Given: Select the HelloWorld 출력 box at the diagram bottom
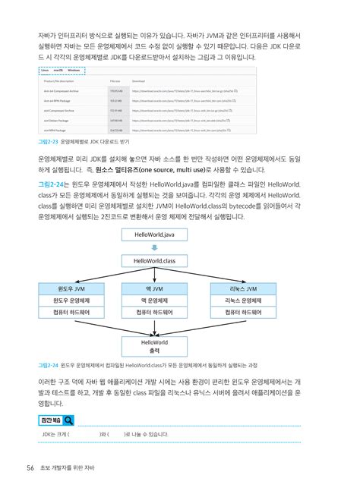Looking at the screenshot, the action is (154, 346).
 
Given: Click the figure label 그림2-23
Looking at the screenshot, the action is (48, 142).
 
